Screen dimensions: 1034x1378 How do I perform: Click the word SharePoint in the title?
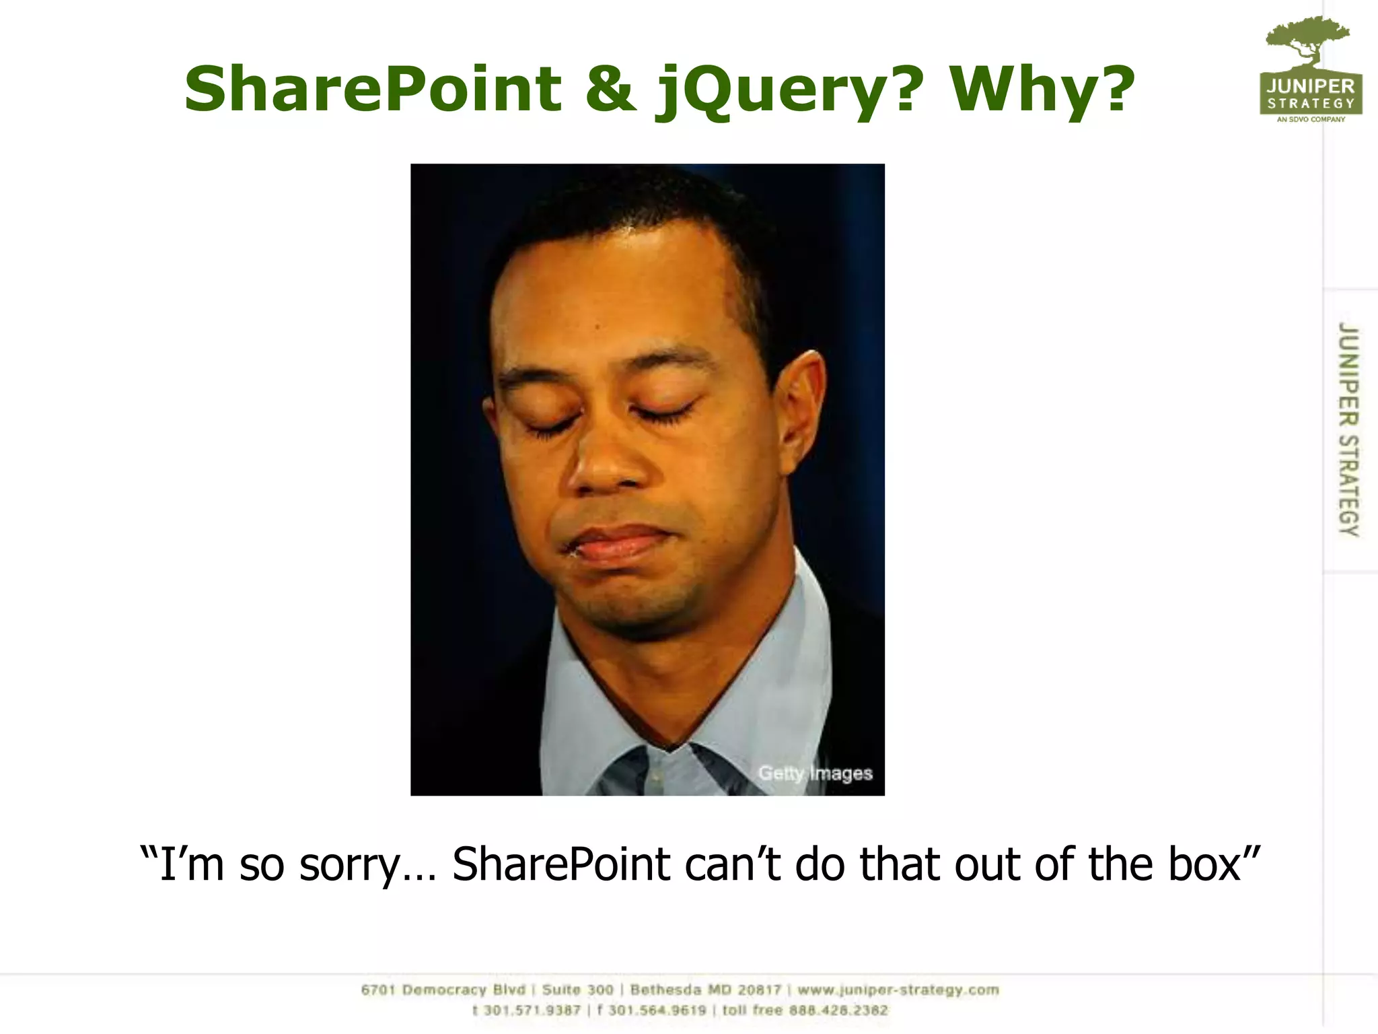(373, 89)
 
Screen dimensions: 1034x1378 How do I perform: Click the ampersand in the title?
(610, 90)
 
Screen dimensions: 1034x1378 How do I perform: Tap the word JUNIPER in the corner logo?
(1311, 86)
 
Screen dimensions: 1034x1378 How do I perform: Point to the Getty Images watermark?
(815, 773)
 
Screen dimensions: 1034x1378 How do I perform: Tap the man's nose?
(606, 464)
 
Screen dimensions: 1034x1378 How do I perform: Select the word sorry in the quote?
(350, 864)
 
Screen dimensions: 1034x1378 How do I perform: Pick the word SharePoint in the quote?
(561, 864)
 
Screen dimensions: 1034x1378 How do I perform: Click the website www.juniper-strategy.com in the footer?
(898, 990)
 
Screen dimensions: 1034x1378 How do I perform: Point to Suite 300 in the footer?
(577, 990)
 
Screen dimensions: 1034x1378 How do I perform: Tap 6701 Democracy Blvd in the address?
(443, 990)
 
